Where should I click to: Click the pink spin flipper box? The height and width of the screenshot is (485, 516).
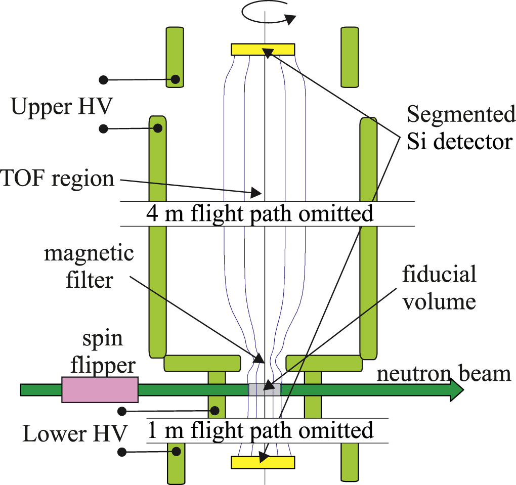tap(99, 389)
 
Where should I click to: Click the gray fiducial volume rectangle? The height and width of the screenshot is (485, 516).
tap(264, 389)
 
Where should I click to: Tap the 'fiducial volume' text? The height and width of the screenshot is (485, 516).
tap(439, 288)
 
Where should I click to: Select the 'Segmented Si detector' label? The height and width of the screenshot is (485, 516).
tap(461, 128)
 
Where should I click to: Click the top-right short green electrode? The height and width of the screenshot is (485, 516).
tap(350, 57)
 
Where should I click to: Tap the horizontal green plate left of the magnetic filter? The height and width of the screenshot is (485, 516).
tap(202, 363)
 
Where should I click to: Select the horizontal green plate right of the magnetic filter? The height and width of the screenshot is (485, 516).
tap(324, 363)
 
